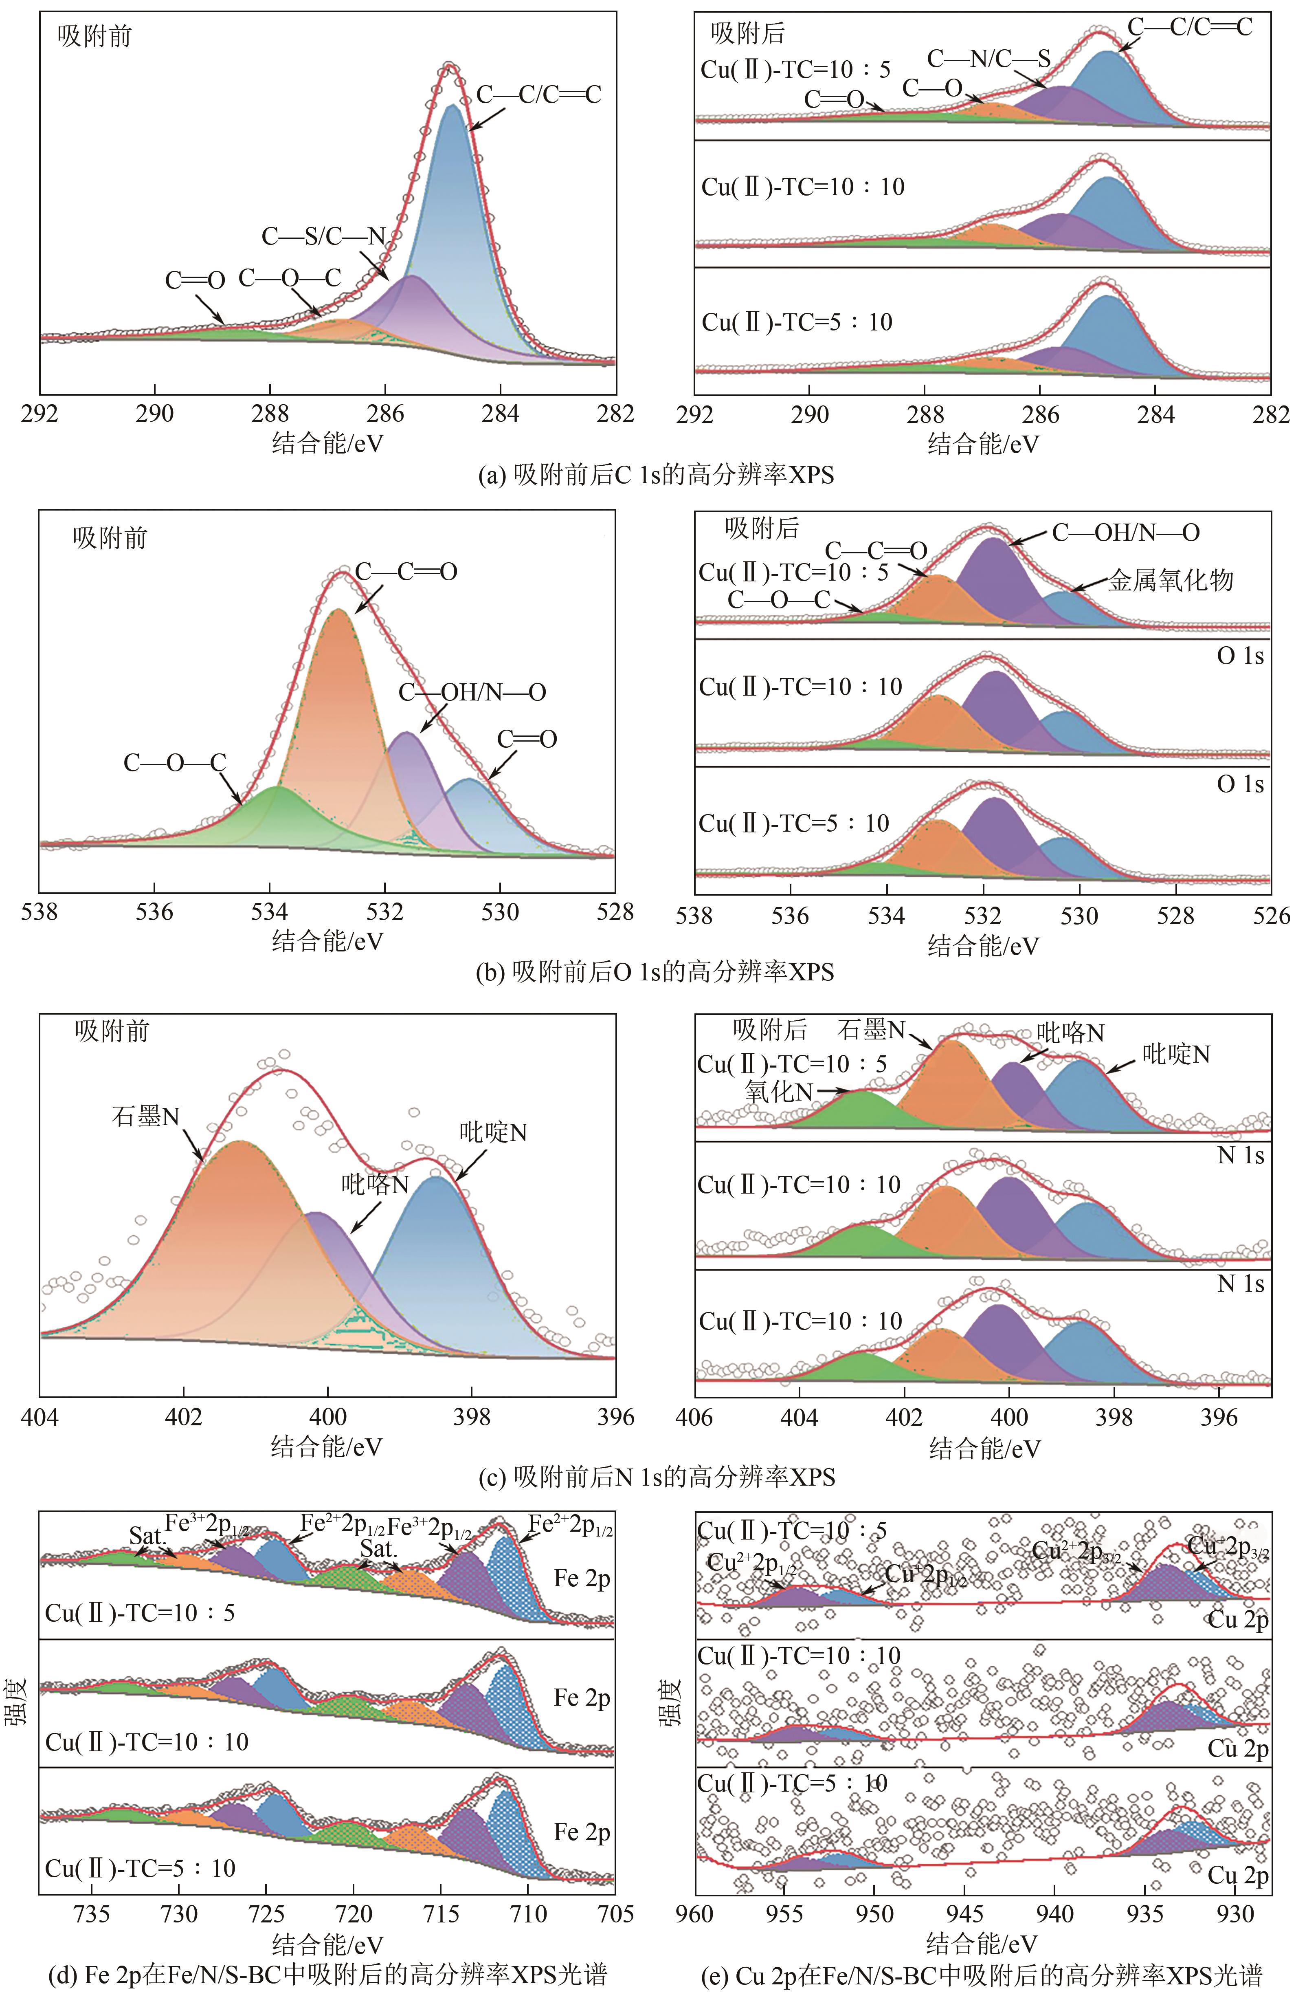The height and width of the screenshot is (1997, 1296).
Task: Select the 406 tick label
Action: (x=694, y=1416)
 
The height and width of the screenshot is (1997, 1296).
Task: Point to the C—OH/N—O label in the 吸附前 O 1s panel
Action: (x=472, y=692)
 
